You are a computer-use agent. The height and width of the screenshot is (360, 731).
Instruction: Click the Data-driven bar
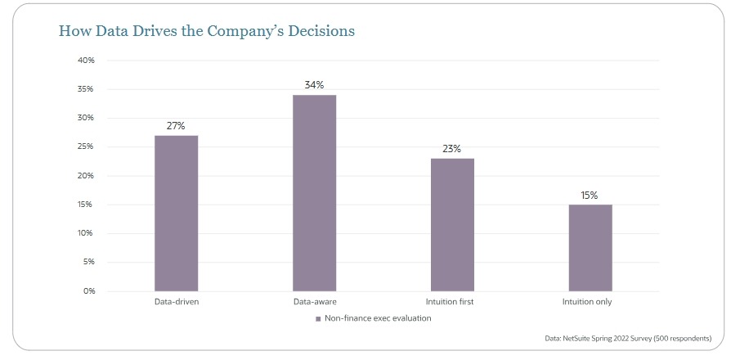click(177, 213)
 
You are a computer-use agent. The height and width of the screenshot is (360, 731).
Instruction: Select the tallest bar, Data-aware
click(315, 192)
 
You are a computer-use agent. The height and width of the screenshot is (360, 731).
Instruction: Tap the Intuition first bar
click(453, 224)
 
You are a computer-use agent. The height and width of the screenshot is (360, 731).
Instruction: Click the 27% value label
click(177, 126)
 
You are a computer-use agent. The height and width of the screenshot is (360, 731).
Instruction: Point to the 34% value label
click(315, 85)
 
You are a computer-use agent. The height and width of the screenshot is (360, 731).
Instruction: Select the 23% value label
click(453, 149)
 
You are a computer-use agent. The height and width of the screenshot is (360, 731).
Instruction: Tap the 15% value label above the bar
click(590, 195)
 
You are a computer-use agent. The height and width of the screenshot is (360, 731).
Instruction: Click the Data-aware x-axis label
click(315, 302)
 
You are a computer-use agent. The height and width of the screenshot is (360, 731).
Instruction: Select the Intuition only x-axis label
click(587, 302)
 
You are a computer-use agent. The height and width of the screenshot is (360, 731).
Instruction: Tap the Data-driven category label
click(177, 302)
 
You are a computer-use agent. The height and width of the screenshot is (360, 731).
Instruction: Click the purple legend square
click(318, 318)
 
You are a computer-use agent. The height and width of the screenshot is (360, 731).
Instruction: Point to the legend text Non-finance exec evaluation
click(379, 318)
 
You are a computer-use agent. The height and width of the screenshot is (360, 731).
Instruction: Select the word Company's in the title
click(231, 32)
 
